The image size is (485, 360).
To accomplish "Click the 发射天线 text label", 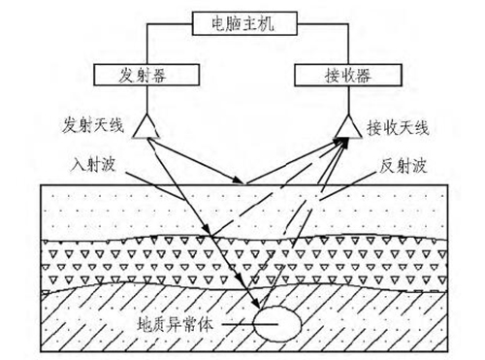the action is pos(93,125).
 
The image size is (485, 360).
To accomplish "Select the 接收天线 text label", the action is pos(398,128).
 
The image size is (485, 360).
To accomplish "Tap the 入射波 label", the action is pos(93,164).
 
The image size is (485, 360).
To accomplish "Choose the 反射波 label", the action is pos(403,166).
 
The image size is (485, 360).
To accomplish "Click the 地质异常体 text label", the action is pos(176,324).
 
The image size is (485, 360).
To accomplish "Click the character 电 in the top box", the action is pos(219,23).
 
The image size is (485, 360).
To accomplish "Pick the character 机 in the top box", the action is pos(267,23).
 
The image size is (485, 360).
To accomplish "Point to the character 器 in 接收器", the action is pos(363,76).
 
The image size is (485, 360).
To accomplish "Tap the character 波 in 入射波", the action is pos(108,164).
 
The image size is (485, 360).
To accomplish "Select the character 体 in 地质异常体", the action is pos(206,324).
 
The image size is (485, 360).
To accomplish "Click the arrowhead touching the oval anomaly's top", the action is pos(255,304).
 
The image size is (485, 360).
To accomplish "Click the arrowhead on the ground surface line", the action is pos(238,180).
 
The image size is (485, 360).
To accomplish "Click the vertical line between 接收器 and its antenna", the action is pos(348,100).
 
